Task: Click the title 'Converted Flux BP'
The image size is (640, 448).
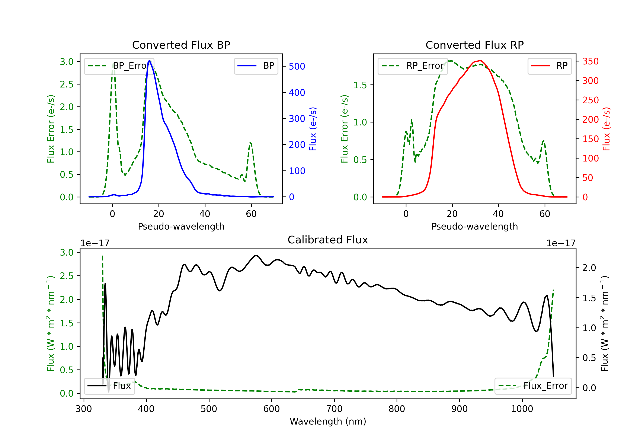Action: click(x=181, y=45)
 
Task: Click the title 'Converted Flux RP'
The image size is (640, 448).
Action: click(x=474, y=45)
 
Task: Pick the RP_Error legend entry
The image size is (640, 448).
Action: click(x=413, y=66)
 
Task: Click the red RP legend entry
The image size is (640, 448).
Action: click(x=549, y=66)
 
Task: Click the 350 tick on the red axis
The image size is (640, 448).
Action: click(x=590, y=61)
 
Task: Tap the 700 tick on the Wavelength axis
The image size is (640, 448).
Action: click(x=334, y=409)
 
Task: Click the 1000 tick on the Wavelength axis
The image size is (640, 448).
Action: click(x=522, y=409)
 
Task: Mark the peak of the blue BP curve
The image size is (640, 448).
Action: click(x=149, y=61)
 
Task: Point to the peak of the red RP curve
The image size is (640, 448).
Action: click(x=479, y=61)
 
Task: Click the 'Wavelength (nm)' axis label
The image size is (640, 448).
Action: click(x=328, y=421)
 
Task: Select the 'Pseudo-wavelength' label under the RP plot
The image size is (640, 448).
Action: click(x=474, y=226)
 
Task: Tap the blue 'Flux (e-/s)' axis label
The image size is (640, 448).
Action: click(x=313, y=129)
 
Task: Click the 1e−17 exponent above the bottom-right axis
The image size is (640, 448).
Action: click(x=561, y=243)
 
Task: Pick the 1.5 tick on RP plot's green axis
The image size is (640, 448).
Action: click(x=360, y=85)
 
